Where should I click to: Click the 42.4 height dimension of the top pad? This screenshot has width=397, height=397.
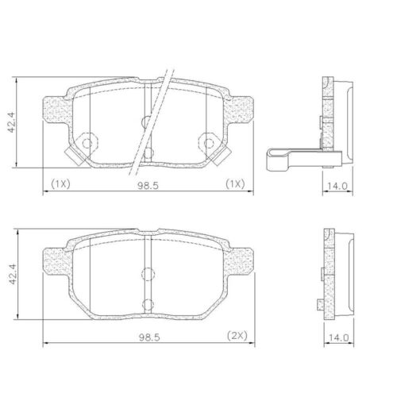(11, 122)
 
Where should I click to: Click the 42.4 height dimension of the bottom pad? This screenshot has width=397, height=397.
(13, 274)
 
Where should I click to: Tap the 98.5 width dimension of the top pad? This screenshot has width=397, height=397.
(148, 186)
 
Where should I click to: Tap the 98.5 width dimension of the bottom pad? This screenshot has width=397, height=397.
(149, 337)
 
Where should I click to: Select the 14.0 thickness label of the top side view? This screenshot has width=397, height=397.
(337, 186)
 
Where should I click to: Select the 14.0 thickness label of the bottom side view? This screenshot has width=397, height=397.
(339, 337)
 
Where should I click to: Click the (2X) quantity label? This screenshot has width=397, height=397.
(237, 336)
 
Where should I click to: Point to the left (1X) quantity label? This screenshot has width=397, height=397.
(60, 183)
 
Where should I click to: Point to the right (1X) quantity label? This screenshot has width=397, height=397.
(235, 183)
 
